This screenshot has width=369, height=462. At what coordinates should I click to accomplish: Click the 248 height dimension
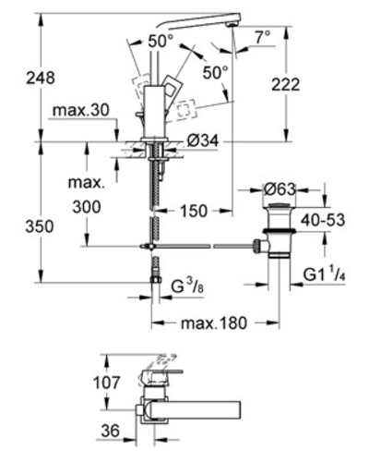tap(41, 78)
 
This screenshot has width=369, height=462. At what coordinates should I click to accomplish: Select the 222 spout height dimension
tap(285, 84)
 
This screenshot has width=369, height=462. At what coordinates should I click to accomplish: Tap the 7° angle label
tap(263, 38)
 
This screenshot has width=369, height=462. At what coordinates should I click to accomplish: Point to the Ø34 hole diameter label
tap(203, 141)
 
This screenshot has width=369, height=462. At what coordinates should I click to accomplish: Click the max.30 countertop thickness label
tap(81, 110)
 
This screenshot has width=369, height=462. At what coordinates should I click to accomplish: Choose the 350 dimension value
tap(40, 226)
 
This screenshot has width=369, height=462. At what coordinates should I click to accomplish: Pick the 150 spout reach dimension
tap(194, 211)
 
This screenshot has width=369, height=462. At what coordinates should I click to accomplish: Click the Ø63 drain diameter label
tap(280, 189)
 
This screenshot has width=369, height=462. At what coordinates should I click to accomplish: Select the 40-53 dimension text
tap(323, 220)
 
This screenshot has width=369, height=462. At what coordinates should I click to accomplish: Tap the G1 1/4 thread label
tap(325, 274)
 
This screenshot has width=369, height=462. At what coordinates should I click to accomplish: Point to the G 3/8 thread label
tap(187, 286)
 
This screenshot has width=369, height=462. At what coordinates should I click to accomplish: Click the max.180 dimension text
tap(214, 323)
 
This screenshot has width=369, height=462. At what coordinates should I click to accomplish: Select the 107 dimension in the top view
tap(107, 383)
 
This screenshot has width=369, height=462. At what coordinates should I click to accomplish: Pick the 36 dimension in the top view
tap(110, 431)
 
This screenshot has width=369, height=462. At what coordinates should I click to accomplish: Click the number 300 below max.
tap(87, 207)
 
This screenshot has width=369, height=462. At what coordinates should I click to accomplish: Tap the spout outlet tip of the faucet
tap(232, 25)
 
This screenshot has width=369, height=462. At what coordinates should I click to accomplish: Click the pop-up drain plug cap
tap(279, 205)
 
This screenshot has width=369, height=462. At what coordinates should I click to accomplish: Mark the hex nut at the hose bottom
tap(156, 279)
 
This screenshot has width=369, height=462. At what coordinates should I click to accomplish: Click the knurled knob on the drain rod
tap(256, 246)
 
